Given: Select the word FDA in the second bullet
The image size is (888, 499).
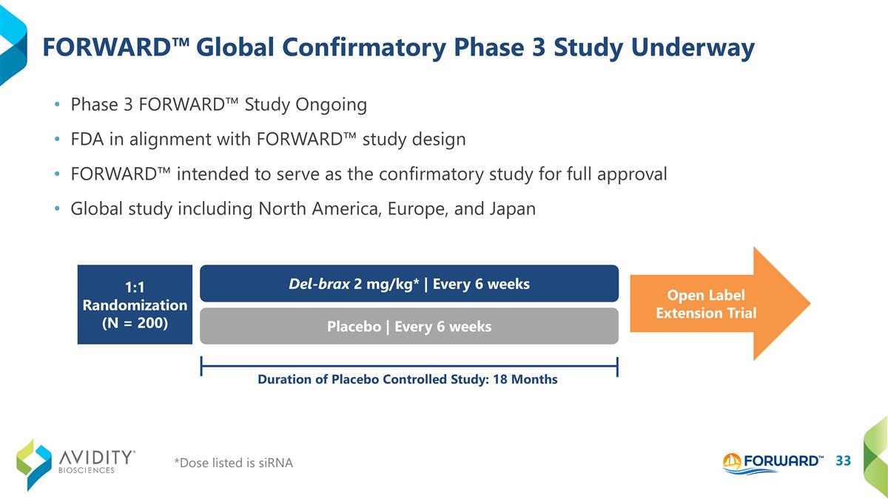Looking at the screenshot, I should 87,139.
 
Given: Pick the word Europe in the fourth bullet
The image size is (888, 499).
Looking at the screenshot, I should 419,209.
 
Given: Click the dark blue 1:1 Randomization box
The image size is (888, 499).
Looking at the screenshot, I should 135,305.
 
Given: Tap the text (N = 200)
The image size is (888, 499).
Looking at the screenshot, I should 135,323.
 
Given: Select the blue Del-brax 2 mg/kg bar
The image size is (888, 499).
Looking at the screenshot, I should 409,284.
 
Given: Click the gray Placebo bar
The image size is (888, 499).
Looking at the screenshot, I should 409,326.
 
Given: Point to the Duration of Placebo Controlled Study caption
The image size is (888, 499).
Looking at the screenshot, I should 407,379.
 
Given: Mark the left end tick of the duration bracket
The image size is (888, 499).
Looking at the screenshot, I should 201,365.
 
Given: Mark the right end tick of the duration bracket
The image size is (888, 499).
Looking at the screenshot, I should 617,365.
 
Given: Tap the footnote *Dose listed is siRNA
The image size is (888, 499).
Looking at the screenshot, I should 233,463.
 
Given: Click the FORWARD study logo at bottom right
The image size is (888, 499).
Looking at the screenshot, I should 773,461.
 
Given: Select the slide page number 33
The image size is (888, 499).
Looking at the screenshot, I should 843,461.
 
